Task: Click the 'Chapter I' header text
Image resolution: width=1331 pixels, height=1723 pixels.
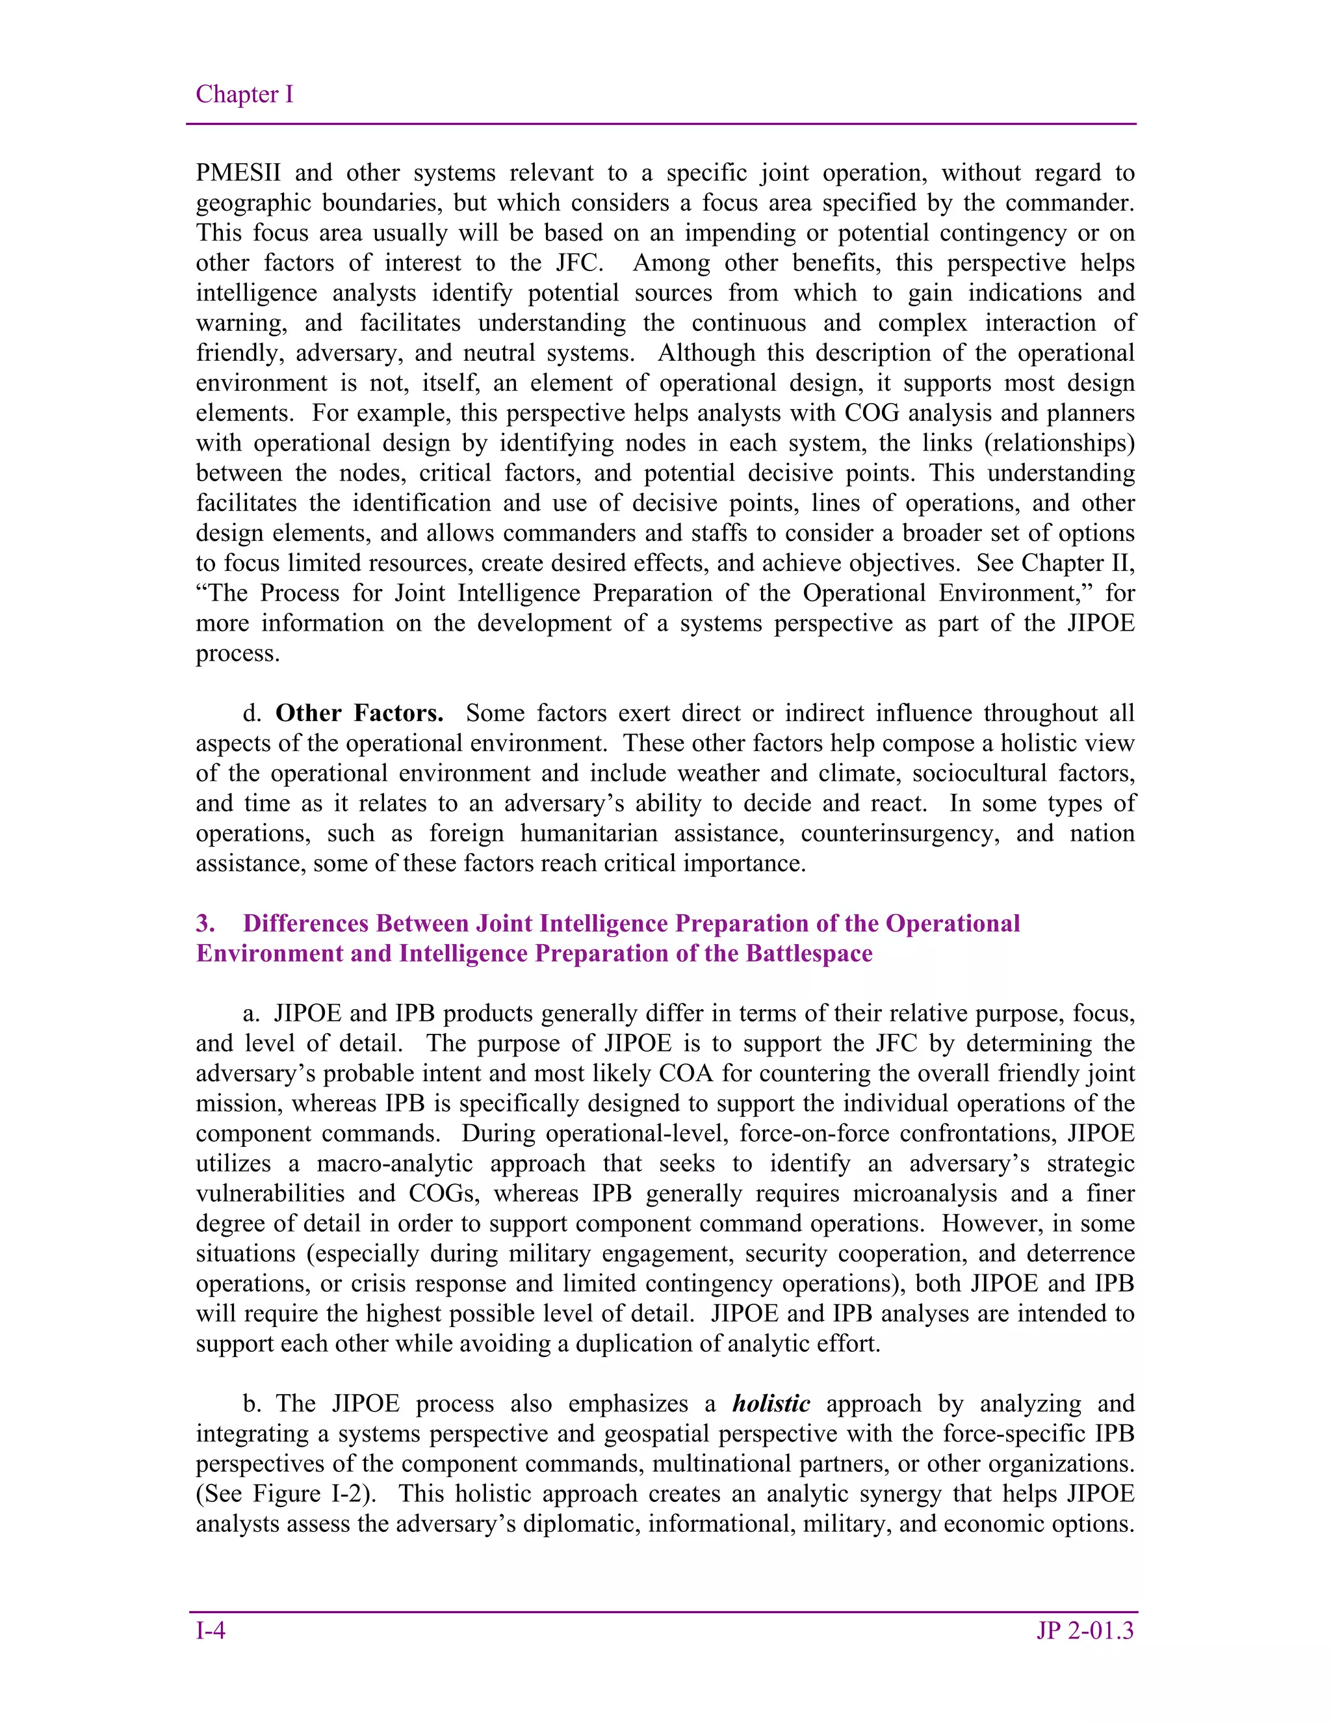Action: click(244, 95)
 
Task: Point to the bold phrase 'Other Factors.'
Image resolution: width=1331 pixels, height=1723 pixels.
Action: click(359, 713)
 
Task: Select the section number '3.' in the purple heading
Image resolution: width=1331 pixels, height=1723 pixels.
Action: click(206, 923)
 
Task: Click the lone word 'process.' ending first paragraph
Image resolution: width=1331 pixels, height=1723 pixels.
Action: click(237, 654)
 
